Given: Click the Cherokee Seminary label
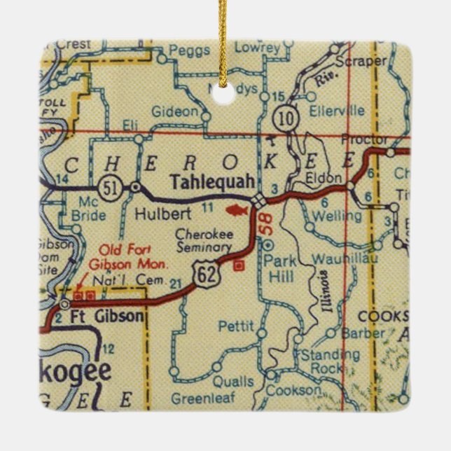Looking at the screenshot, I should [203, 241].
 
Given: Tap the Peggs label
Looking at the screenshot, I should [185, 51].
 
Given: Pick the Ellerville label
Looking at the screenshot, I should [340, 111].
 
